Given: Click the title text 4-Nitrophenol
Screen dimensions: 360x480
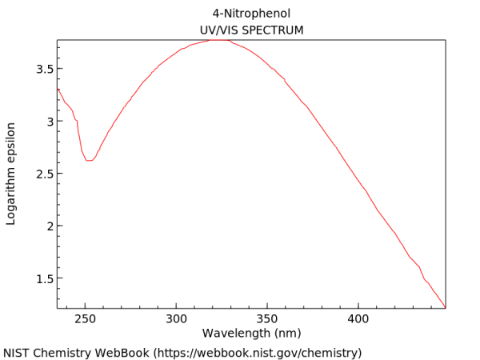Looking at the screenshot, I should [250, 14].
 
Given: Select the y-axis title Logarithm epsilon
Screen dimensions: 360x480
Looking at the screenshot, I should [11, 173].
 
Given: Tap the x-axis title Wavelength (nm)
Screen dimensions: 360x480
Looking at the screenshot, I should [251, 333].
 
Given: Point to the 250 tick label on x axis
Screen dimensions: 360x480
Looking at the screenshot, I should [85, 318].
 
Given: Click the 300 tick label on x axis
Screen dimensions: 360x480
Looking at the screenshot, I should [176, 318].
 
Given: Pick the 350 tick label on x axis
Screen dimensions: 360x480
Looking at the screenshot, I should [267, 318].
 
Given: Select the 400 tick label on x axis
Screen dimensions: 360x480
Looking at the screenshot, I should [358, 318].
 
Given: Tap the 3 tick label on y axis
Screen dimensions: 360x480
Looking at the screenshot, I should [49, 122].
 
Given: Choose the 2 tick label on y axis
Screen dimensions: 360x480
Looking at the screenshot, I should [49, 226].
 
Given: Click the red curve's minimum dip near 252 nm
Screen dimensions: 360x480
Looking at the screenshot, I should [89, 160].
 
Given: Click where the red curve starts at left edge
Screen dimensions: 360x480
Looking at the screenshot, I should [58, 89].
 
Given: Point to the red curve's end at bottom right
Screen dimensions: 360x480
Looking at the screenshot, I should [445, 307].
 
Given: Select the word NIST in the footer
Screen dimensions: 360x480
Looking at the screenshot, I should [17, 353].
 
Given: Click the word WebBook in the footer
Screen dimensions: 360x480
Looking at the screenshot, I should [121, 353].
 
